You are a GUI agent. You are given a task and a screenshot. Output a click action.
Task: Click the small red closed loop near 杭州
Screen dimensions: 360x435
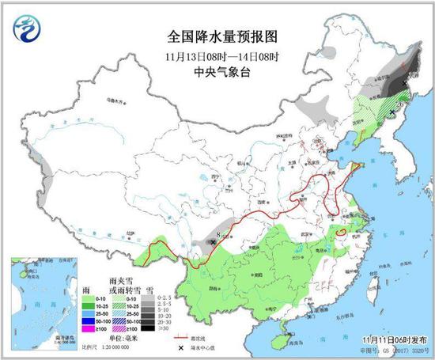340,231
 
